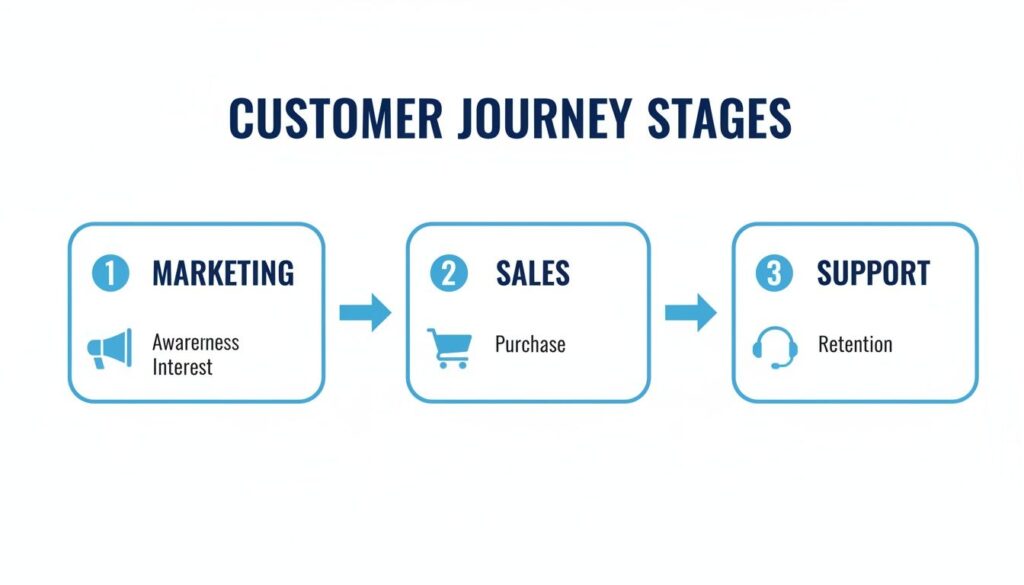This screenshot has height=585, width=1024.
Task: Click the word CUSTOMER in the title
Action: tap(335, 118)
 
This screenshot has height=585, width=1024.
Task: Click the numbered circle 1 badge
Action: tap(109, 272)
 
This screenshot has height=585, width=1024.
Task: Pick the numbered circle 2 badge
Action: tap(449, 272)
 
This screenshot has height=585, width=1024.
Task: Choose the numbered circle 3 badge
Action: tap(773, 272)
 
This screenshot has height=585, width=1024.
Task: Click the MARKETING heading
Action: tap(223, 272)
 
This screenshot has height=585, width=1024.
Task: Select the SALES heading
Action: tap(533, 272)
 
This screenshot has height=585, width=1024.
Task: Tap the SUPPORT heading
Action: tap(873, 272)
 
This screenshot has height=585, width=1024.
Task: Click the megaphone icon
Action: tap(110, 349)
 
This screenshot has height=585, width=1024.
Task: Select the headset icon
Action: tap(775, 347)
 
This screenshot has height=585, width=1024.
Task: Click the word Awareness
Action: tap(196, 342)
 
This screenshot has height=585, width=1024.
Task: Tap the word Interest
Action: tap(183, 367)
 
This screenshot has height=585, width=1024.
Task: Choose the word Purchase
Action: tap(530, 344)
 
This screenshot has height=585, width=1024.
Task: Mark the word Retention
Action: tap(855, 344)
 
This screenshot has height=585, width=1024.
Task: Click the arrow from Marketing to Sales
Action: tap(365, 312)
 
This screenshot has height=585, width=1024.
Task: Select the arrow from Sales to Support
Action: tap(691, 312)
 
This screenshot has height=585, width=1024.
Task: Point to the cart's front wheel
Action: tap(461, 365)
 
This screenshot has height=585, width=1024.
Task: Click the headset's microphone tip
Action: tap(775, 366)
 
